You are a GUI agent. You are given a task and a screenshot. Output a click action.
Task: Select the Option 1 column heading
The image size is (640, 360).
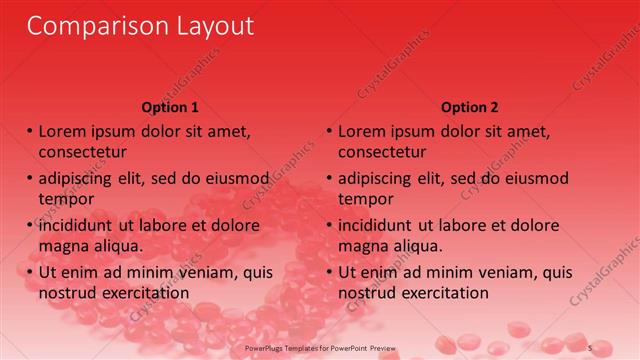tap(170, 107)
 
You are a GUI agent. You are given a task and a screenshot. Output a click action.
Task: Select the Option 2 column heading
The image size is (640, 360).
tap(469, 107)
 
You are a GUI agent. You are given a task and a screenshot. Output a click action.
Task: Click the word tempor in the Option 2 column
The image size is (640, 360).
tap(365, 198)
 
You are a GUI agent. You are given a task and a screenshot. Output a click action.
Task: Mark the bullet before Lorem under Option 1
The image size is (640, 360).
tap(30, 132)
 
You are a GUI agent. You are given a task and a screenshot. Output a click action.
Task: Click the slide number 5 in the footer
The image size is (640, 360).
tap(590, 347)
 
